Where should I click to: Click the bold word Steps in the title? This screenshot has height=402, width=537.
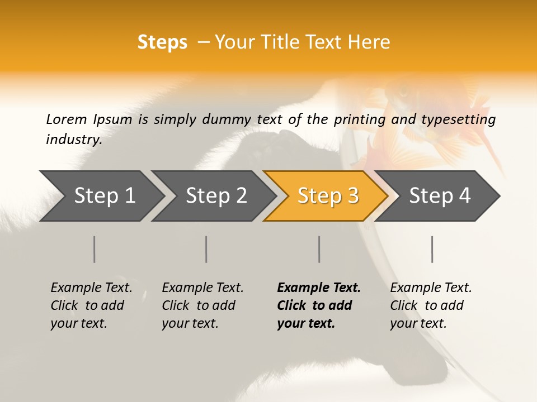(162, 42)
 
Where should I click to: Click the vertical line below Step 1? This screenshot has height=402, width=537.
(94, 249)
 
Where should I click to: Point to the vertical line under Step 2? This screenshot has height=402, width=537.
(206, 249)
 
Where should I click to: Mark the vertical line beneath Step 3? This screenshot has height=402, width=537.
(319, 249)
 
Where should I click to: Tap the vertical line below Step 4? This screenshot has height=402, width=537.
(432, 249)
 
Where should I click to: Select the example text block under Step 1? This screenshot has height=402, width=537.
(91, 305)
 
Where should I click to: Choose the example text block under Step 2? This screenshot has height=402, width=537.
(202, 305)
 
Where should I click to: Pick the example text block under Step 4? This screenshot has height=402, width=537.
(431, 305)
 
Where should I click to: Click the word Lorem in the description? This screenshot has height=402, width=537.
(66, 119)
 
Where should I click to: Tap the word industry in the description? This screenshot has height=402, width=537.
(73, 140)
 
